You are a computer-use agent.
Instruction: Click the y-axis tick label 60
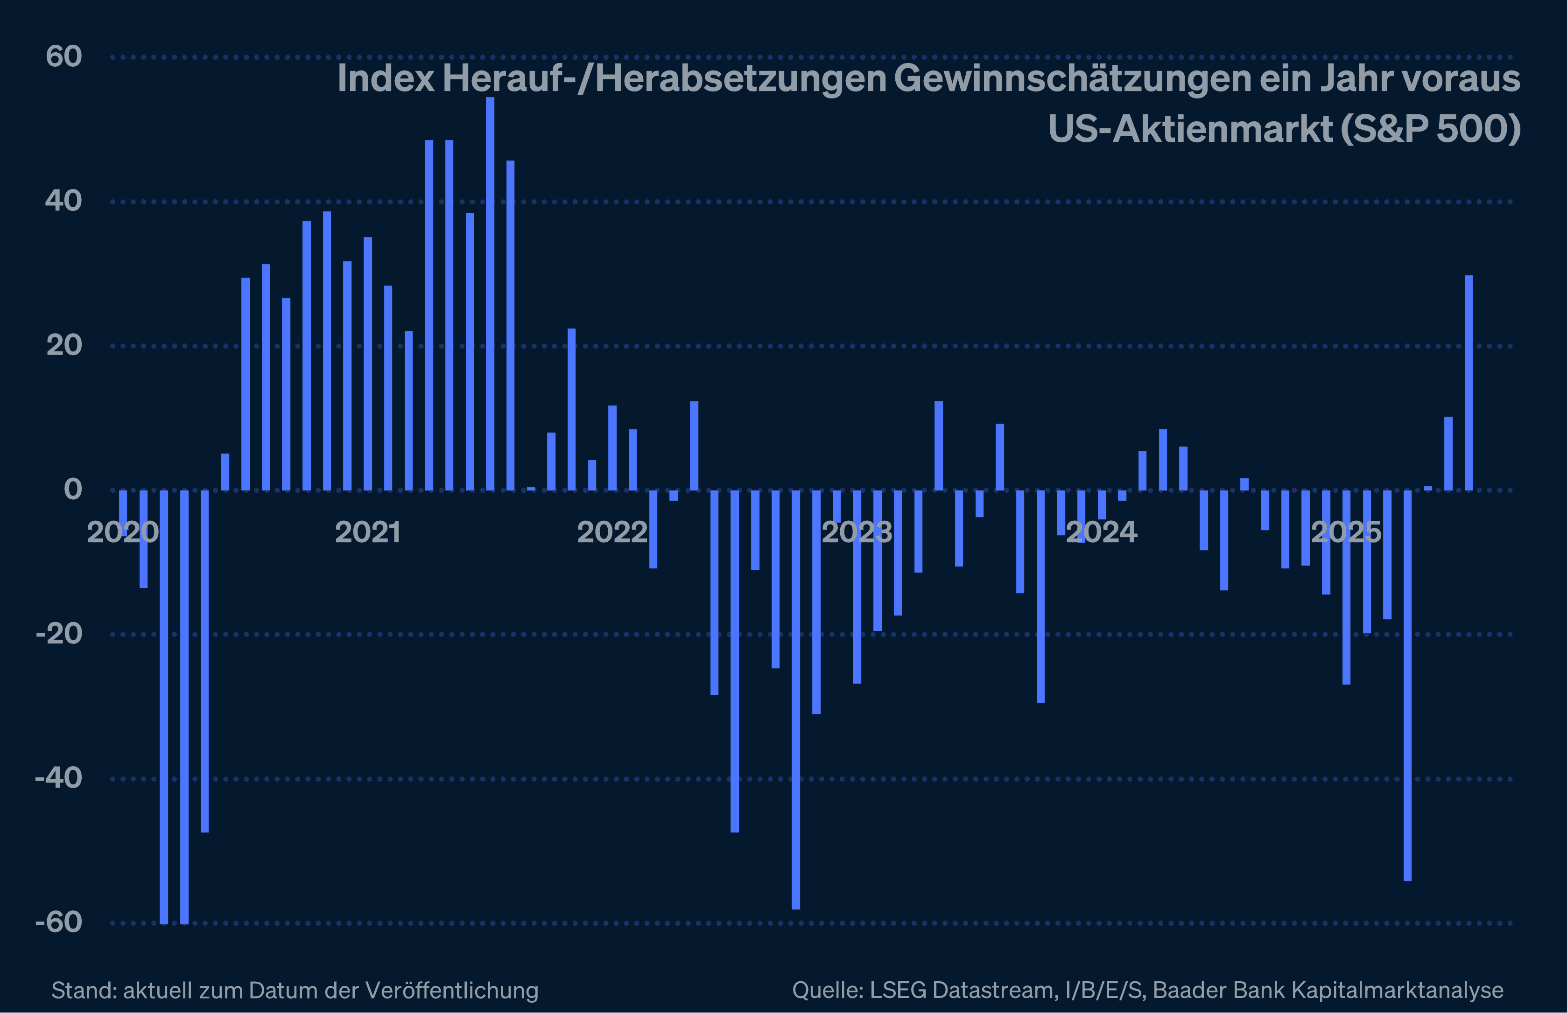[64, 56]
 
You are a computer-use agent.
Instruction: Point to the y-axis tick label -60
[58, 922]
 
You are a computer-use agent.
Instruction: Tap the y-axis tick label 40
[64, 201]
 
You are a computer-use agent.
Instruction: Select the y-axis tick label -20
[58, 634]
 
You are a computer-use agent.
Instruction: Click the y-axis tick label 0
[73, 489]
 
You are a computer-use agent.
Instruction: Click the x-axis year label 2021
[368, 532]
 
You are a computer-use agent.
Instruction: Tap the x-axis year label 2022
[612, 532]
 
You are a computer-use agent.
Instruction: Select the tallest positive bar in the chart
[490, 293]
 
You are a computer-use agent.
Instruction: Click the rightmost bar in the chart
[1469, 383]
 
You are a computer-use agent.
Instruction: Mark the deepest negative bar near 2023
[796, 699]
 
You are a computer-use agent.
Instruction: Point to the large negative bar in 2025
[1407, 685]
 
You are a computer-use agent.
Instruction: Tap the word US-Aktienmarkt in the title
[1190, 129]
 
